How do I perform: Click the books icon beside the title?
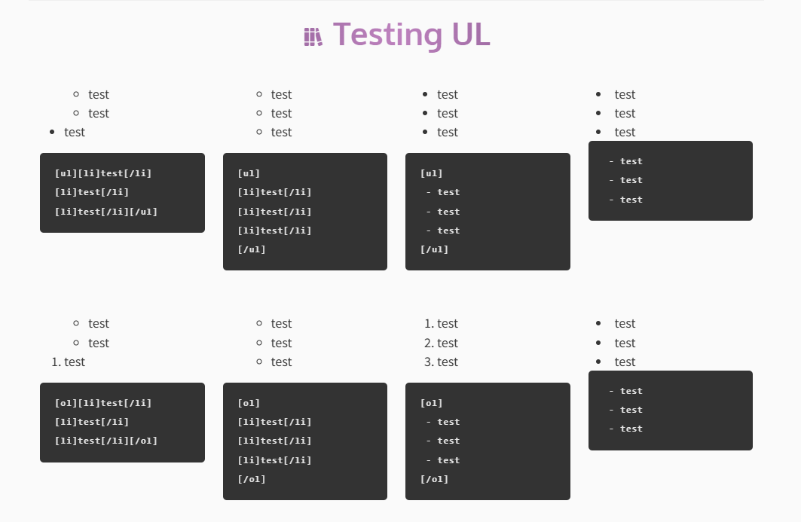coord(313,37)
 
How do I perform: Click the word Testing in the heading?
coord(388,35)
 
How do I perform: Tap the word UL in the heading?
coord(471,35)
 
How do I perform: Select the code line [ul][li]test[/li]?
coord(103,173)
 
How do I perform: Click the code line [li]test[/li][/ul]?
coord(106,212)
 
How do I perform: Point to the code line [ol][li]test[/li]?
coord(103,403)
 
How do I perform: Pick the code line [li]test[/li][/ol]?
coord(106,441)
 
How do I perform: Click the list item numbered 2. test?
coord(441,343)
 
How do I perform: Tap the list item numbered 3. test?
coord(441,362)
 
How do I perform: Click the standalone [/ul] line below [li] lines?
coord(252,250)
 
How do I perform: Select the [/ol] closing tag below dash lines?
coord(434,479)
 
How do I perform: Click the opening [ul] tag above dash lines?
coord(432,173)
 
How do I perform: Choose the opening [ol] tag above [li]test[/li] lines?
coord(249,403)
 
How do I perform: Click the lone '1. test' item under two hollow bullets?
coord(68,362)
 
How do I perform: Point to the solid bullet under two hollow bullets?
coord(52,133)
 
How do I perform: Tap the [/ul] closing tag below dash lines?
coord(434,250)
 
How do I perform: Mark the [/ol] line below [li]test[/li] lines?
coord(252,479)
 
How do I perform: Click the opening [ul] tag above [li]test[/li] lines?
coord(249,173)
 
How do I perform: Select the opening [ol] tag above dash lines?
coord(432,403)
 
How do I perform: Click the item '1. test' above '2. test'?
coord(441,323)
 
